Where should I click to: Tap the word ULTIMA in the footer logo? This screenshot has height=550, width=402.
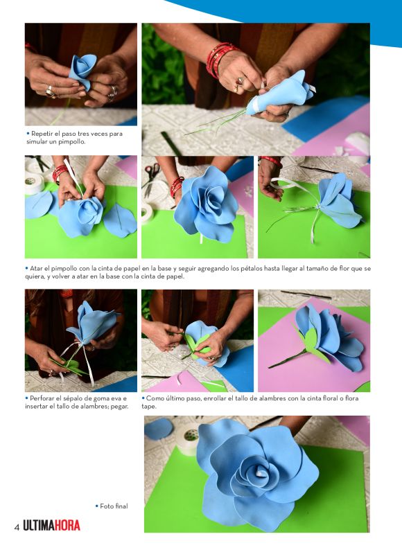pyautogui.click(x=39, y=526)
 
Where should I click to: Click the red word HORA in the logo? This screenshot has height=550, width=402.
pyautogui.click(x=67, y=526)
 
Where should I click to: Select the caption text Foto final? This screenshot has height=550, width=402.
pyautogui.click(x=114, y=506)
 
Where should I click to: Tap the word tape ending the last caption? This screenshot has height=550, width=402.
pyautogui.click(x=149, y=407)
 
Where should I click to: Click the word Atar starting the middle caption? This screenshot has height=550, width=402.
pyautogui.click(x=36, y=269)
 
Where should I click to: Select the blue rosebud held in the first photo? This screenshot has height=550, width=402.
pyautogui.click(x=82, y=71)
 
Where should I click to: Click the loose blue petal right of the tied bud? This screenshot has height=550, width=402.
pyautogui.click(x=120, y=220)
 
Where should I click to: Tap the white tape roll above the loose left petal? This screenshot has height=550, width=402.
pyautogui.click(x=35, y=183)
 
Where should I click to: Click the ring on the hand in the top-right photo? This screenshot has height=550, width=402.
pyautogui.click(x=239, y=81)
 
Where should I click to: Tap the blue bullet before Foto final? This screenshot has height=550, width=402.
pyautogui.click(x=96, y=506)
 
